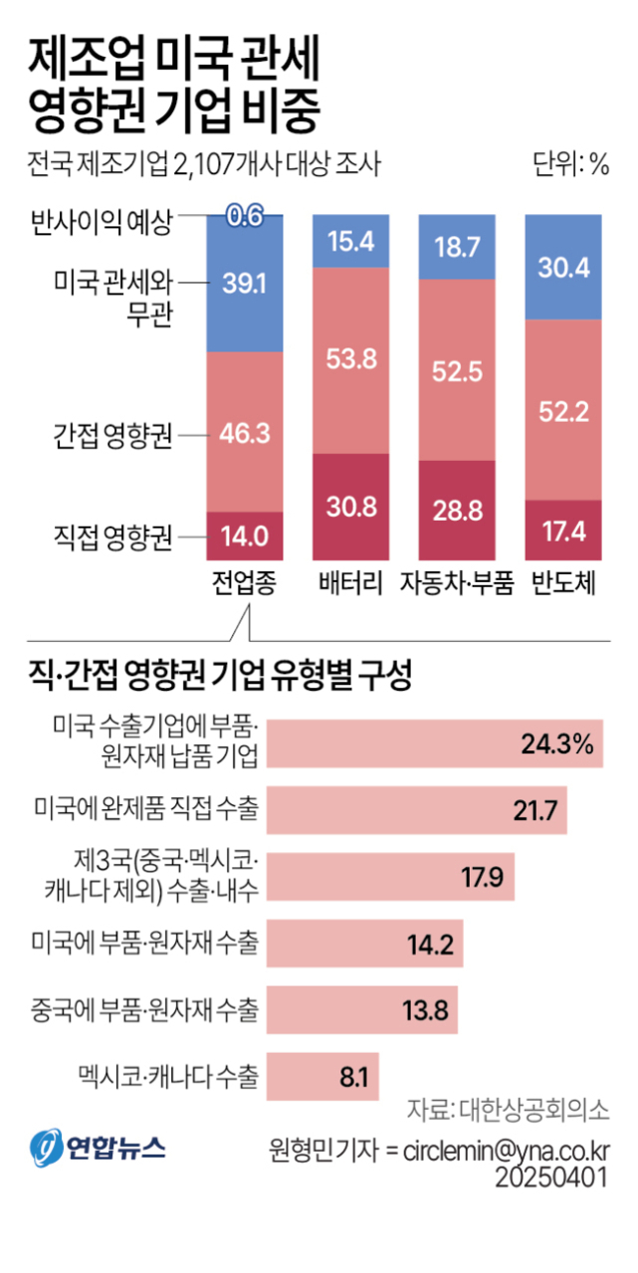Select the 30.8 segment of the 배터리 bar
(x=351, y=507)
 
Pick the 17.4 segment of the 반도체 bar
(x=564, y=530)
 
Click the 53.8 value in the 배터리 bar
(x=351, y=359)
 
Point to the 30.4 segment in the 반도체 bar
(x=564, y=266)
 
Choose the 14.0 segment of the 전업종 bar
(x=245, y=536)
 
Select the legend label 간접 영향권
(x=112, y=435)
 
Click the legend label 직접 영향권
(x=112, y=538)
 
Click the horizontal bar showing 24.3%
(x=436, y=743)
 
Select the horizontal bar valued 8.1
(x=323, y=1076)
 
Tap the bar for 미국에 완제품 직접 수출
(x=418, y=809)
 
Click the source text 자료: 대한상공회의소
(x=509, y=1110)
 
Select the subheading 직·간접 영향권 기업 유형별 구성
(x=221, y=679)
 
